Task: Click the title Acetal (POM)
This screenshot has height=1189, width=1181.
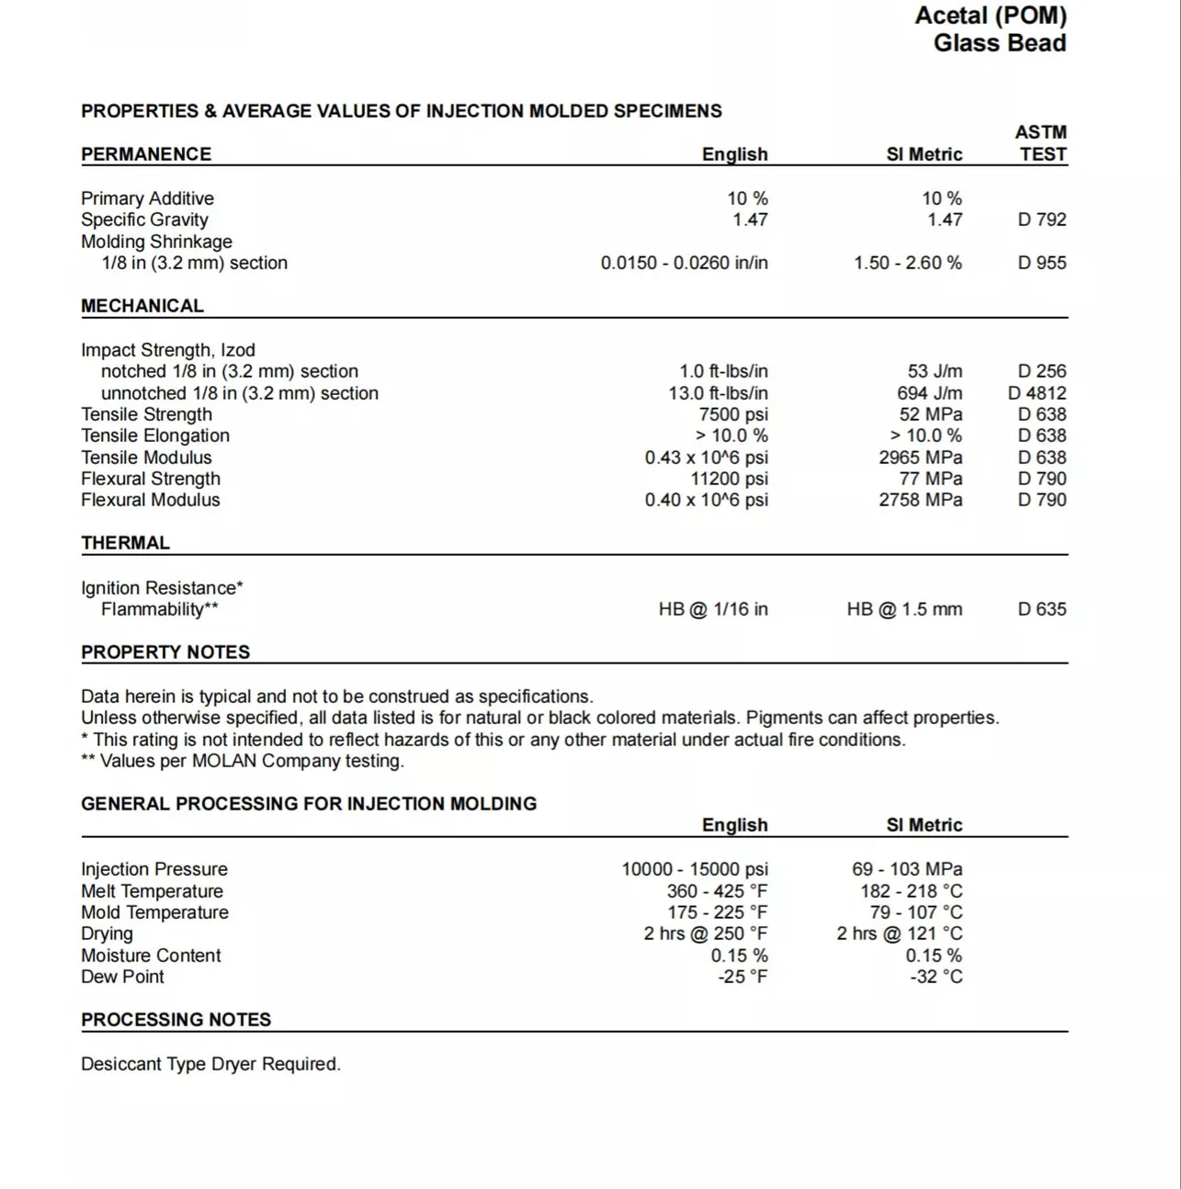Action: (x=990, y=16)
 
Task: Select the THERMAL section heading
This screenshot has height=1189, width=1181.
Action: (x=125, y=543)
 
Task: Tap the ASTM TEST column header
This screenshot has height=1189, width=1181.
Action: (x=1041, y=143)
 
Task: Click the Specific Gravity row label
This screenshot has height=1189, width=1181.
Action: (x=144, y=220)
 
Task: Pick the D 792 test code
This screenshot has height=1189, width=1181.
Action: (x=1041, y=220)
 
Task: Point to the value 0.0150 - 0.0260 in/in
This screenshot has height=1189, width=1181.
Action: (x=684, y=263)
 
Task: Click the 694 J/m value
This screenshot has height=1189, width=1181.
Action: (x=929, y=393)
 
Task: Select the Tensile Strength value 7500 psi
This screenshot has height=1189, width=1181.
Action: (x=732, y=414)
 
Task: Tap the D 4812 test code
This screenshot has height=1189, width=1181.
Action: (x=1037, y=393)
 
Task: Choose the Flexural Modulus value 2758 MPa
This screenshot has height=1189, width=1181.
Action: (x=920, y=500)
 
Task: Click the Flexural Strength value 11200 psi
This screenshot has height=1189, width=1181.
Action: (x=729, y=479)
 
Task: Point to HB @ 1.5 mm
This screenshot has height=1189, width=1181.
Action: (x=904, y=609)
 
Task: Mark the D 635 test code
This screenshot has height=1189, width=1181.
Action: (x=1041, y=609)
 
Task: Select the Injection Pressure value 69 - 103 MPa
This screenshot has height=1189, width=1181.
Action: (x=906, y=869)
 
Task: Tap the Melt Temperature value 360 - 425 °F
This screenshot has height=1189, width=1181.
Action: (x=717, y=891)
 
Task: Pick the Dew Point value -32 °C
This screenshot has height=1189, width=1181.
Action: (x=936, y=977)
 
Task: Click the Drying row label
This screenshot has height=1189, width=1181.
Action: (x=107, y=934)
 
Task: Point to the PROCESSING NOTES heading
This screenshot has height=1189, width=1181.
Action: (x=176, y=1020)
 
